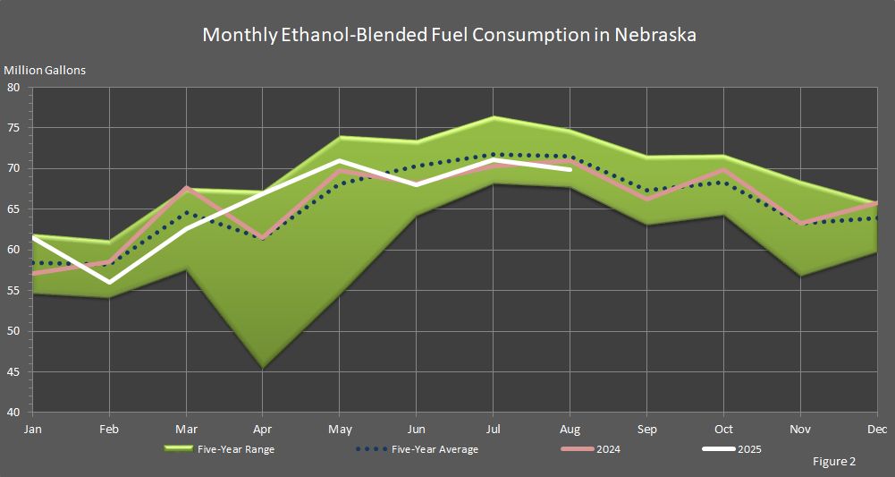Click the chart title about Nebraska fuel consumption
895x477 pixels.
(449, 35)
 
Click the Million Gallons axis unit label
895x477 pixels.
(45, 70)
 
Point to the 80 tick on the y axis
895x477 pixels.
(13, 88)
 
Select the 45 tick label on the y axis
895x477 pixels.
(13, 372)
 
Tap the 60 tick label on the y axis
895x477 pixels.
(13, 251)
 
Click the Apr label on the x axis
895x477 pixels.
(262, 430)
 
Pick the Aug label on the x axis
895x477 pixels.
(570, 430)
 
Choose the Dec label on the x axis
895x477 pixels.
(877, 430)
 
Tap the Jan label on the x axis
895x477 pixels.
(32, 430)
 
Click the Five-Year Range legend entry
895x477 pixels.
(218, 449)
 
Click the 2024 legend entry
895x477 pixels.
(590, 449)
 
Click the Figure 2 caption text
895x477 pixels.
(834, 462)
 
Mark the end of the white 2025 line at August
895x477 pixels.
(570, 168)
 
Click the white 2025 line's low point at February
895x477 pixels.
(109, 282)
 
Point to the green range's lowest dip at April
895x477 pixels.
(262, 367)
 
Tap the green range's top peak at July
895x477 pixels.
(493, 117)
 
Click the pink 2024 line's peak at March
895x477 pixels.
(185, 187)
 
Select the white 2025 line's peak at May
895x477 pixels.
(339, 161)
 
